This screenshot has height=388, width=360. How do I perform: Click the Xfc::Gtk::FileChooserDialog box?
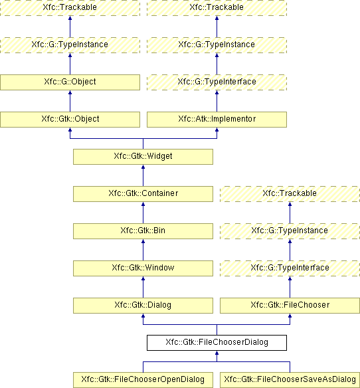click(217, 343)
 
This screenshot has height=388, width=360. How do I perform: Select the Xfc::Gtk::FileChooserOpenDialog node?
click(143, 380)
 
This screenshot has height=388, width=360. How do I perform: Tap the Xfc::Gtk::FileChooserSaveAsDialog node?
click(290, 380)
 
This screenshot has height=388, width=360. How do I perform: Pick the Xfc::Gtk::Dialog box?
click(143, 306)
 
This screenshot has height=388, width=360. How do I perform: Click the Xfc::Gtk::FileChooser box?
click(290, 306)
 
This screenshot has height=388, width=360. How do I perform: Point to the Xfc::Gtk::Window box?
click(143, 268)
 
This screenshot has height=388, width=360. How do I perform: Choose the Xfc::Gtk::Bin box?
click(143, 231)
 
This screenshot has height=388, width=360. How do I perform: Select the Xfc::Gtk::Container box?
click(143, 194)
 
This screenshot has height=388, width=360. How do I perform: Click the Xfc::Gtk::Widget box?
click(143, 157)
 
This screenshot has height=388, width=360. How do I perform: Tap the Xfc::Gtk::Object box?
click(70, 120)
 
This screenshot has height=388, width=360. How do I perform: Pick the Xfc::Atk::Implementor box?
click(217, 120)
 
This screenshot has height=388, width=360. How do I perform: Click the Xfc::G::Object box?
click(70, 82)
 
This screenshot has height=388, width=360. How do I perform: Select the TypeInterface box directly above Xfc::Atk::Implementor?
click(217, 82)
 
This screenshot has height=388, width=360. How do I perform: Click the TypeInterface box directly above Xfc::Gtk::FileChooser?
click(290, 268)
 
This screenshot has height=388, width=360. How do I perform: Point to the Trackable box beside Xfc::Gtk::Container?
click(290, 194)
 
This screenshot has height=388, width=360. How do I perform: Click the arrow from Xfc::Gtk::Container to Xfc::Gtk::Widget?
click(143, 175)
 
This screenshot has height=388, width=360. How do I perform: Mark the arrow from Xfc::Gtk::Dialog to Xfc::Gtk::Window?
click(143, 287)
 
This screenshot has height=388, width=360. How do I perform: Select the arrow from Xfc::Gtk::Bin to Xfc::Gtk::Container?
click(143, 213)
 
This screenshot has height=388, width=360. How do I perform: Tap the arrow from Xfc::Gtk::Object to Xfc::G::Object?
click(70, 101)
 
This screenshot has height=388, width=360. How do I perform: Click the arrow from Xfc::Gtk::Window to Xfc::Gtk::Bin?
click(143, 250)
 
